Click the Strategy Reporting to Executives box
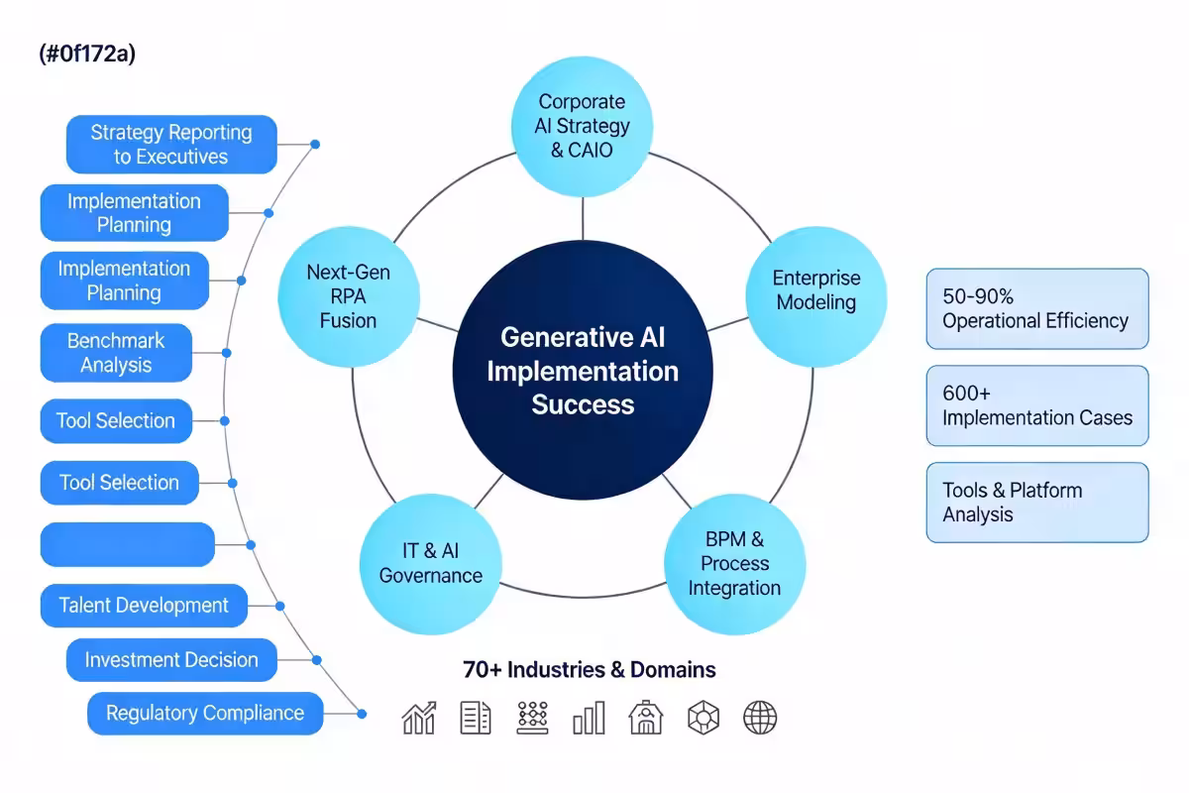[x=171, y=145]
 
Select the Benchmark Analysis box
[x=116, y=353]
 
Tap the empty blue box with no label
[x=127, y=544]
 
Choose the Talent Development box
[x=144, y=606]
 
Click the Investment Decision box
[x=170, y=660]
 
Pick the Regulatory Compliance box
[x=205, y=714]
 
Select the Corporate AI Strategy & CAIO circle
[x=583, y=126]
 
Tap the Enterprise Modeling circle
[x=815, y=290]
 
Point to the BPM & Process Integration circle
[x=734, y=564]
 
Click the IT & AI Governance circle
[x=430, y=564]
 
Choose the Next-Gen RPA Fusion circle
[x=348, y=296]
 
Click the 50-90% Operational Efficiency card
[x=1036, y=308]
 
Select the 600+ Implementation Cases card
[x=1036, y=405]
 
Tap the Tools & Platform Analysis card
[x=1036, y=503]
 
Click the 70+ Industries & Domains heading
[x=590, y=670]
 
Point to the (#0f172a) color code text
[x=87, y=54]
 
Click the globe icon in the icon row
[x=760, y=718]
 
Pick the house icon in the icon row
[x=646, y=718]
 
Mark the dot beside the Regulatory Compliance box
[x=362, y=714]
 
